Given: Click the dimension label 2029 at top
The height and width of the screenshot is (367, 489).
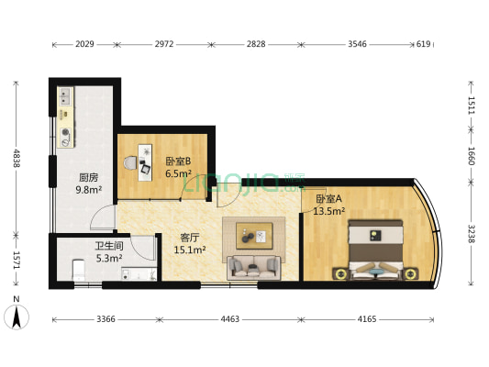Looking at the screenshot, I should coord(83,43).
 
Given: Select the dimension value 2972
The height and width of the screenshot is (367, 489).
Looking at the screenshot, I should coord(166,43).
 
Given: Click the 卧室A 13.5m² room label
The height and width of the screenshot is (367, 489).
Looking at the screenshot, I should coord(329,205).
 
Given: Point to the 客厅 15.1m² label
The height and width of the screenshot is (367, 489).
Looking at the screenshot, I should coord(192,243).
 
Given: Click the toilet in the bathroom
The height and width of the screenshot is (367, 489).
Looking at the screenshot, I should coord(78,268).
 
